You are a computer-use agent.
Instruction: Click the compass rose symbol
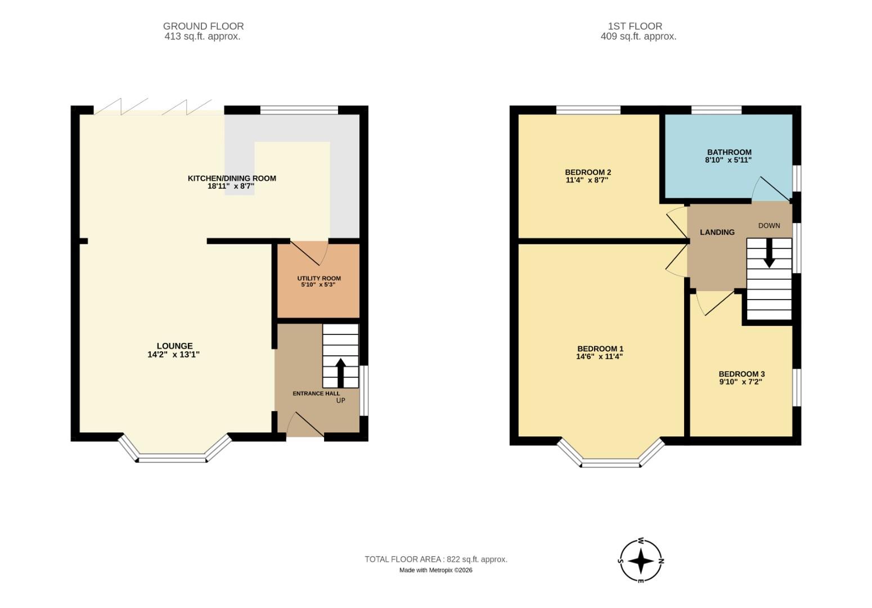click(x=640, y=561)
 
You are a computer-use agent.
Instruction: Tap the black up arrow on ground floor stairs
click(x=340, y=373)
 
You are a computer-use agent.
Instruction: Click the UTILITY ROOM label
click(x=319, y=278)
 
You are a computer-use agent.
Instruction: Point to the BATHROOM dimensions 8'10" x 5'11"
click(x=729, y=160)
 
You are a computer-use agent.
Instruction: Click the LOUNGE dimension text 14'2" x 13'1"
click(x=174, y=355)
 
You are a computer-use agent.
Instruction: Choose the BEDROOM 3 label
click(x=741, y=374)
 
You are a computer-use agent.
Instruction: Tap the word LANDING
click(x=717, y=232)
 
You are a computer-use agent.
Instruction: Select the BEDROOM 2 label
click(x=588, y=172)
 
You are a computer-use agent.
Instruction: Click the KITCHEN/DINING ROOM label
click(x=232, y=178)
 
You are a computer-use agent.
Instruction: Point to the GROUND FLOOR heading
click(x=203, y=26)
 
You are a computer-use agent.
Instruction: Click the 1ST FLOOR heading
click(x=635, y=26)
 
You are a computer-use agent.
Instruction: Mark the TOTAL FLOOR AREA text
click(x=435, y=559)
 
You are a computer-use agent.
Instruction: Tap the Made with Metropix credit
click(x=435, y=570)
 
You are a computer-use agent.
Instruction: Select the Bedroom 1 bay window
click(x=611, y=463)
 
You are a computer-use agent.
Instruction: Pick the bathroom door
click(x=772, y=190)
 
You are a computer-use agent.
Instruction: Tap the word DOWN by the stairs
click(x=769, y=226)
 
